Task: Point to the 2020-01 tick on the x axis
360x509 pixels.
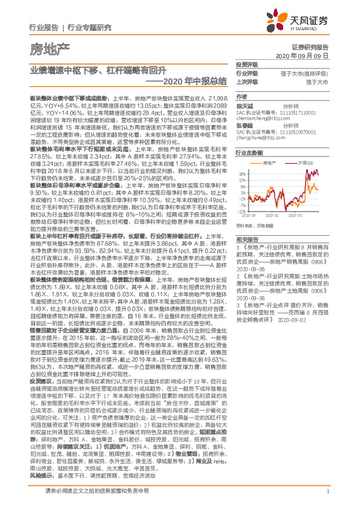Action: coord(275,214)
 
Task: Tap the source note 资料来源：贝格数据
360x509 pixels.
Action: coord(257,225)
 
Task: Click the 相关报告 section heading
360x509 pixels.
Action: coord(246,239)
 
